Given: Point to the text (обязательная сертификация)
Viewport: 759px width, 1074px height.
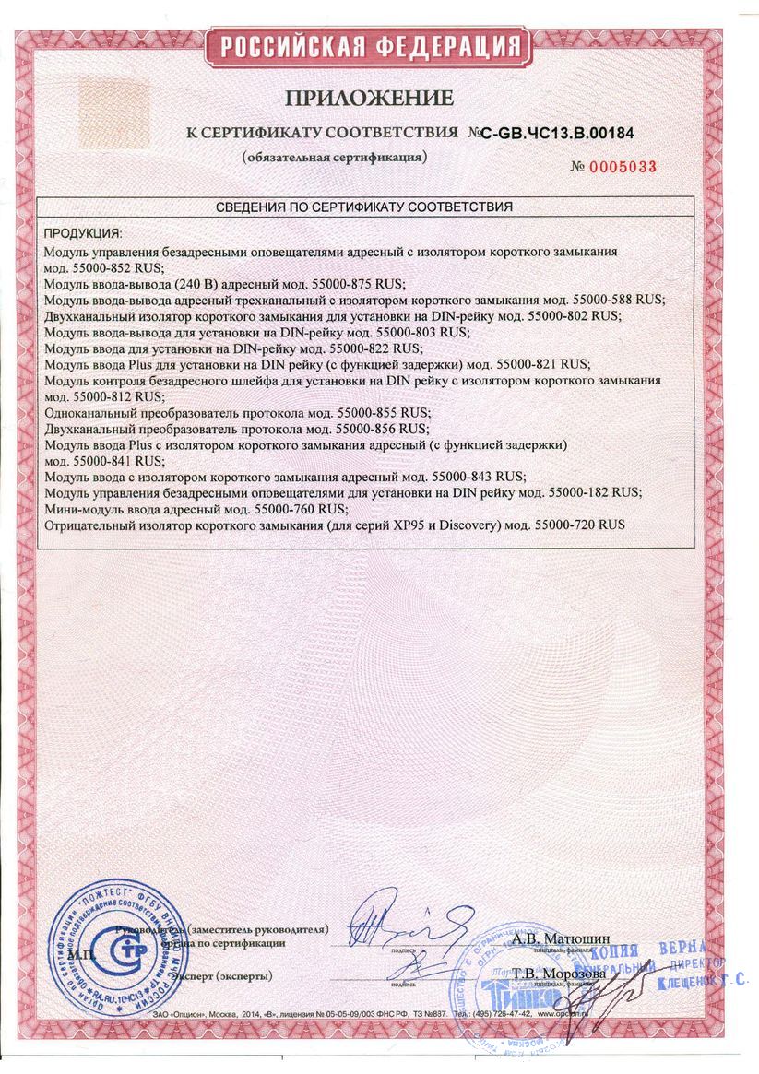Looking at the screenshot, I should pyautogui.click(x=334, y=158).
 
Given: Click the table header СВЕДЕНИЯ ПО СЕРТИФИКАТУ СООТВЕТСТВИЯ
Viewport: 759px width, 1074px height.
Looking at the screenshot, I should pyautogui.click(x=364, y=207).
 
